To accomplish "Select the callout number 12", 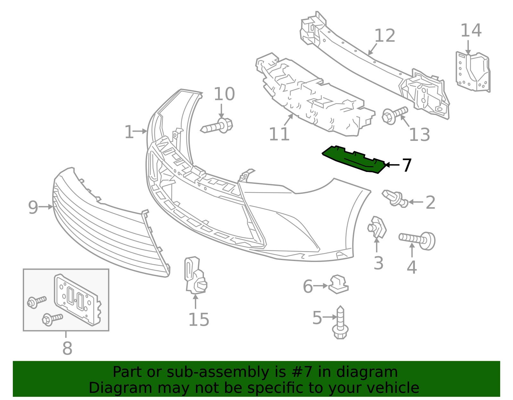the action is point(384,36).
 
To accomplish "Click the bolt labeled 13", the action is point(394,115).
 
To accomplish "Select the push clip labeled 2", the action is point(395,199).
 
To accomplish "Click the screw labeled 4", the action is point(417,241).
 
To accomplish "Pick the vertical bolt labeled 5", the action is point(340,322).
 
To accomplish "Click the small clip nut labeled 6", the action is point(338,284).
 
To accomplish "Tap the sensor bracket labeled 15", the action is point(195,275).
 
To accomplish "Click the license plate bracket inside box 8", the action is point(78,299).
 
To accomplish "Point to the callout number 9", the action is point(33,207).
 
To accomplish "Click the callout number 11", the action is point(279,134).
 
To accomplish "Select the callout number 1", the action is point(129,132).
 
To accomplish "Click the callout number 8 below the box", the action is point(67,348).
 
